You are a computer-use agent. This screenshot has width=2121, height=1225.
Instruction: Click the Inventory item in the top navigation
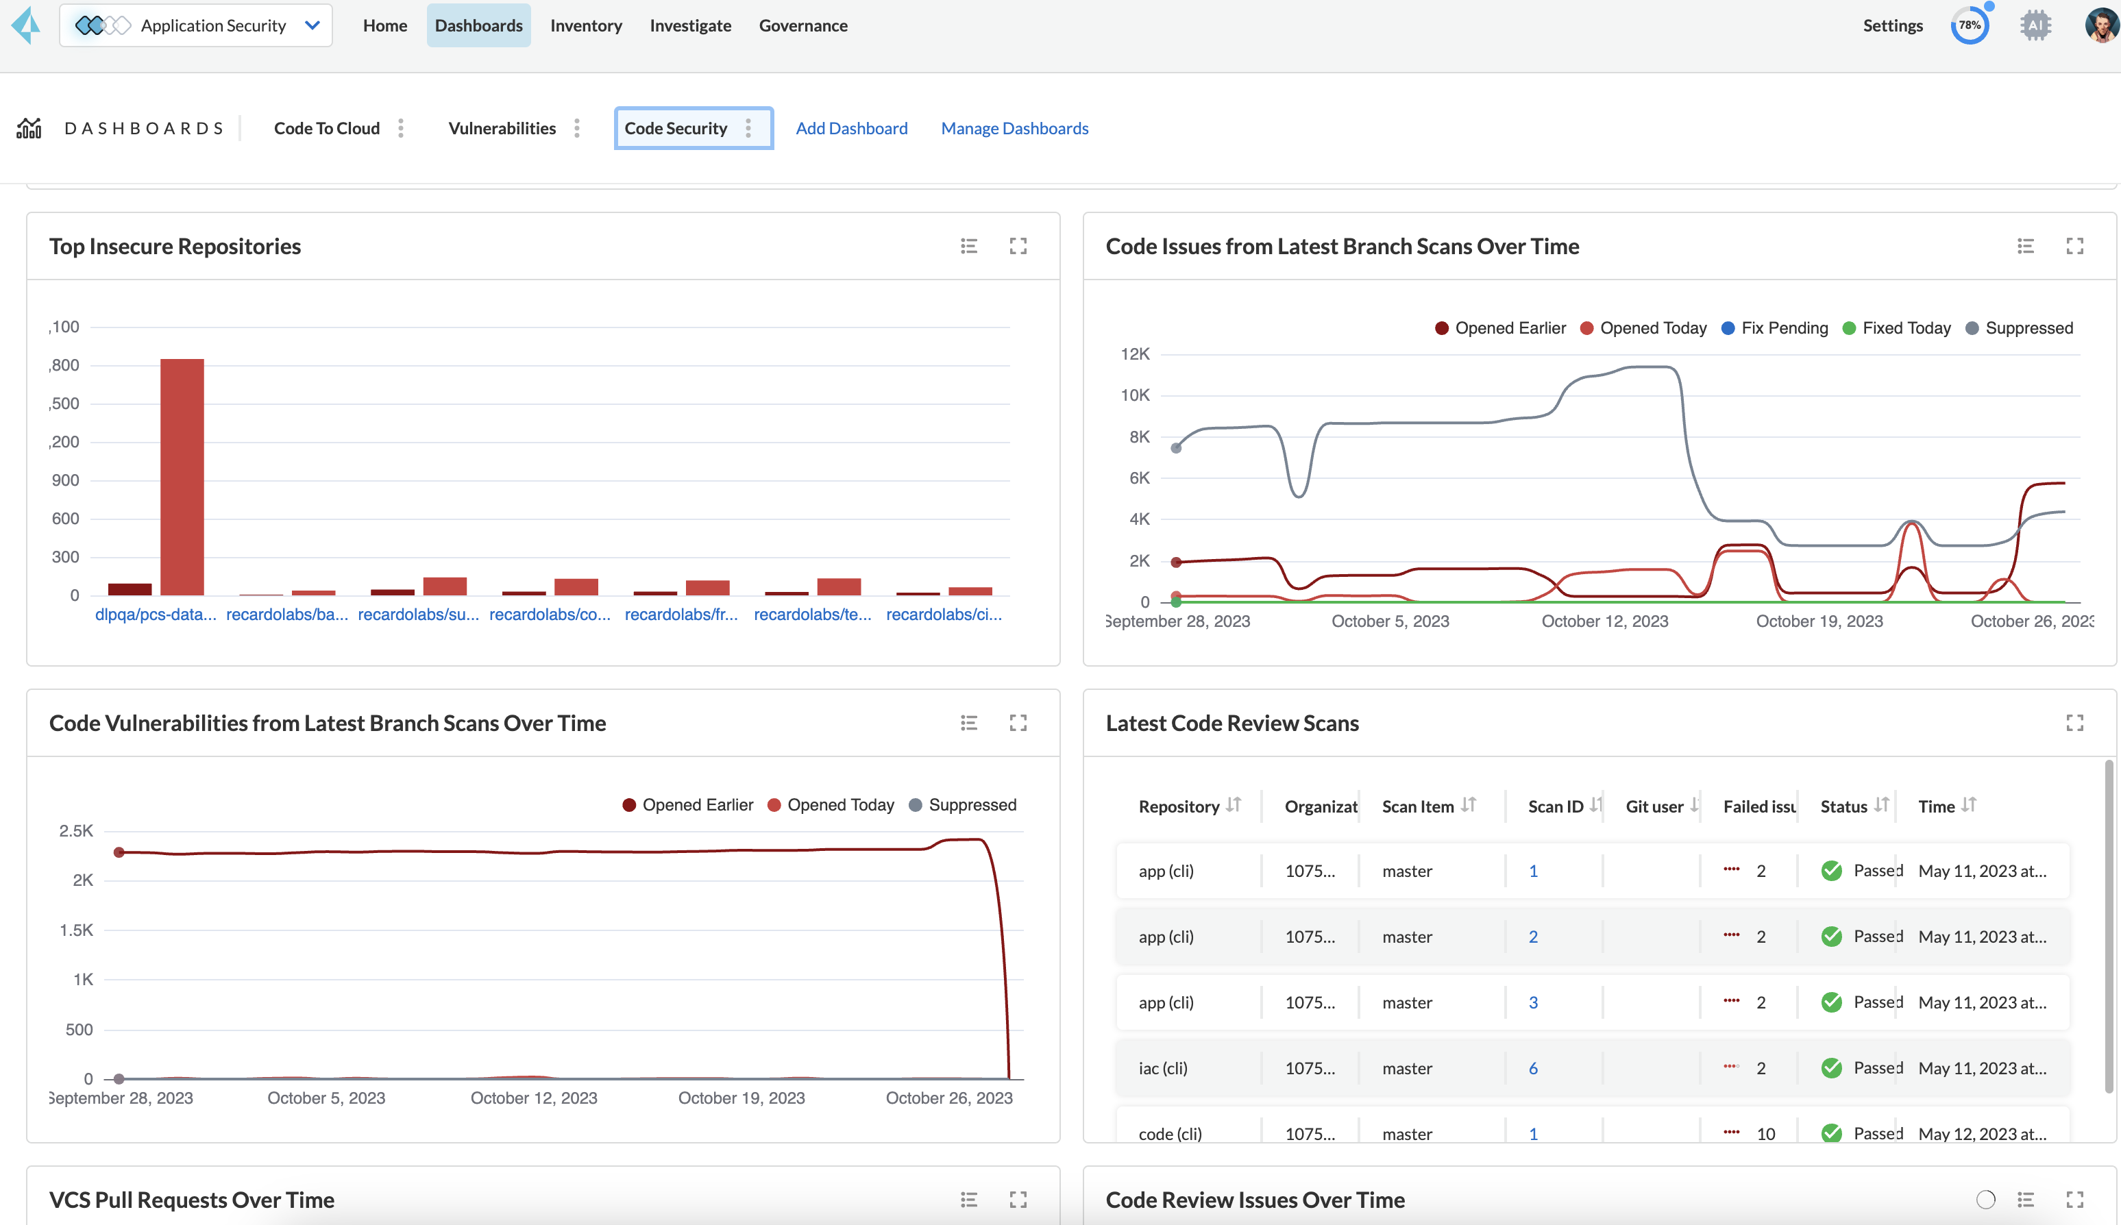585,25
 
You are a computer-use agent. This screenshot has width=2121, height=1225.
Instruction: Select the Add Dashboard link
851,128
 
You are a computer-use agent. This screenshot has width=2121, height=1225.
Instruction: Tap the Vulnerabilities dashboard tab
502,128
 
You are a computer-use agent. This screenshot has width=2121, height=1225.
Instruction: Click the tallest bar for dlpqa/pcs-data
182,476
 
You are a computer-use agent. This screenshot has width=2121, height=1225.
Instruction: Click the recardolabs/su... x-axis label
418,614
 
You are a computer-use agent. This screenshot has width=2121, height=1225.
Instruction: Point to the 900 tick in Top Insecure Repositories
66,480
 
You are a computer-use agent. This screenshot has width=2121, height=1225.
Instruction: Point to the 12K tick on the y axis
1135,354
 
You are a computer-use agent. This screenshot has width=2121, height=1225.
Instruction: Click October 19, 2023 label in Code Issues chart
1819,621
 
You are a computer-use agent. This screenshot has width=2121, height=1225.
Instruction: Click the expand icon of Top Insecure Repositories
1018,246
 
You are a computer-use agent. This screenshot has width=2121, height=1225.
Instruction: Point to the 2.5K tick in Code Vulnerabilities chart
77,831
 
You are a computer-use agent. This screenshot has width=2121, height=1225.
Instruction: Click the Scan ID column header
1556,806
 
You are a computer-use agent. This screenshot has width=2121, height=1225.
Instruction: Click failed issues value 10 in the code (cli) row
1765,1133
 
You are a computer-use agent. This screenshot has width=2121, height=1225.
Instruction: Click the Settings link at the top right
1892,25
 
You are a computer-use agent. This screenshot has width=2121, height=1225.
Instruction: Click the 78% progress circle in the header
1969,25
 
